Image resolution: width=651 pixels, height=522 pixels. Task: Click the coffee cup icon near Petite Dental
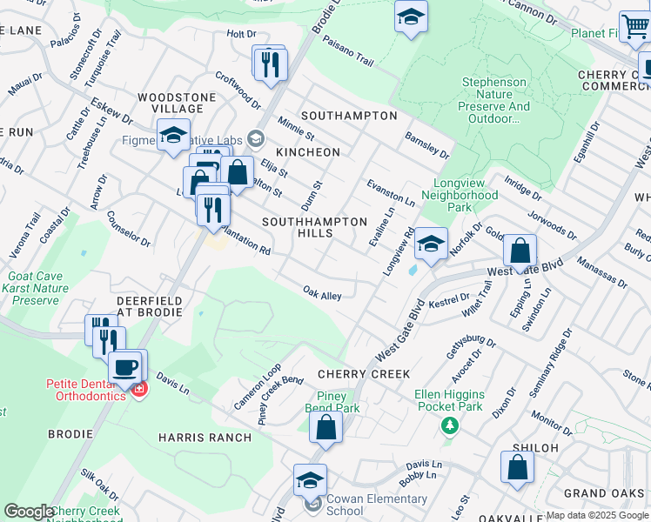tap(127, 366)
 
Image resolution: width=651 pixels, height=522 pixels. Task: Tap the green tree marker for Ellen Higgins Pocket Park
tap(449, 425)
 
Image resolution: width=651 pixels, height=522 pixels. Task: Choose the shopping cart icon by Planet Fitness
tap(635, 27)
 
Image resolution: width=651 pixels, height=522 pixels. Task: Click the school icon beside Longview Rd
tap(430, 244)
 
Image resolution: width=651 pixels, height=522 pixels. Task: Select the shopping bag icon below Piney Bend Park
tap(325, 428)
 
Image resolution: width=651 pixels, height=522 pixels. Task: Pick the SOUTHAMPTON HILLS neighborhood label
tap(314, 228)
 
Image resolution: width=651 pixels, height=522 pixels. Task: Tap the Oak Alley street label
tap(321, 293)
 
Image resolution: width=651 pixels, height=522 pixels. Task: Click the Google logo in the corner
tap(28, 512)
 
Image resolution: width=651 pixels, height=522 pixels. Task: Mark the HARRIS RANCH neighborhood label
tap(205, 437)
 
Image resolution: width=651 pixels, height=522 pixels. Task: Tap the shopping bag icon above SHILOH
tap(517, 466)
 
